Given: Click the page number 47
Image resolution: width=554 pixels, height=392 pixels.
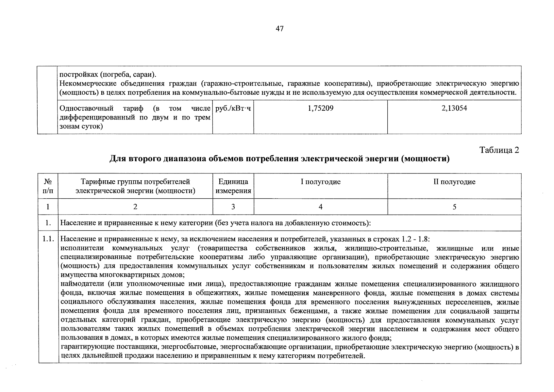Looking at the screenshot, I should pyautogui.click(x=279, y=29).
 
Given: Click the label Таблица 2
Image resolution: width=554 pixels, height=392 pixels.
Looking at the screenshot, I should pyautogui.click(x=499, y=150).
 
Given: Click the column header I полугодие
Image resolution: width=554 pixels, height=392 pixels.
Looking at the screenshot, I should pyautogui.click(x=321, y=182).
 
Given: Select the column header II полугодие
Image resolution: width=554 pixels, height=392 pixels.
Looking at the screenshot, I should pyautogui.click(x=454, y=182).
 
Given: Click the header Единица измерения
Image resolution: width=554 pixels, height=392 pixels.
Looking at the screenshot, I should pyautogui.click(x=233, y=186).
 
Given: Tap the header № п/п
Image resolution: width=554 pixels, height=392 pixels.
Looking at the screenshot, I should pyautogui.click(x=48, y=186).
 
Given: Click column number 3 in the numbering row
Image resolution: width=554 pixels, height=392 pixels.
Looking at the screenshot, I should pyautogui.click(x=233, y=207).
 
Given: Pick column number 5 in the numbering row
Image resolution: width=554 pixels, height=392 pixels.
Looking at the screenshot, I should pyautogui.click(x=454, y=207).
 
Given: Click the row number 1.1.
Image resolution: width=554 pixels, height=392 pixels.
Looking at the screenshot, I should pyautogui.click(x=48, y=239).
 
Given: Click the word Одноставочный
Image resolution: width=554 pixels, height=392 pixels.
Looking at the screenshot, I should pyautogui.click(x=86, y=108).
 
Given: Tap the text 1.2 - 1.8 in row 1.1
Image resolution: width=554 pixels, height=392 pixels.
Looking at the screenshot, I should pyautogui.click(x=415, y=239).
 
